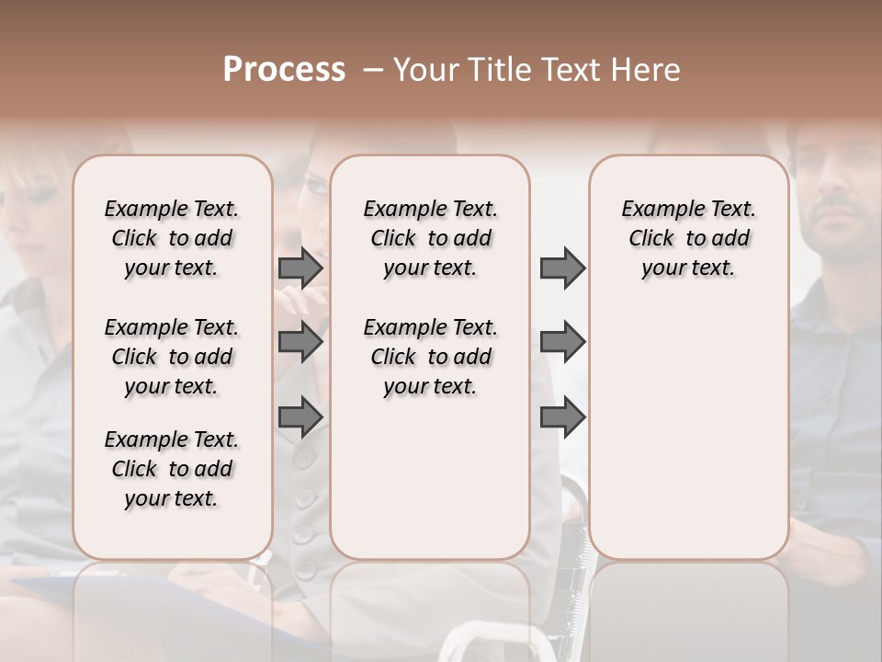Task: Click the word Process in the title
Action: pyautogui.click(x=284, y=70)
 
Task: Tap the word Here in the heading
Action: pyautogui.click(x=646, y=70)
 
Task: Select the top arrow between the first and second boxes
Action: pyautogui.click(x=300, y=268)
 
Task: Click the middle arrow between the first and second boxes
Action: pyautogui.click(x=300, y=342)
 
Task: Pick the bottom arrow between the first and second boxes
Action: pyautogui.click(x=300, y=417)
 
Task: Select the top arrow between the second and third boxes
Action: pyautogui.click(x=562, y=268)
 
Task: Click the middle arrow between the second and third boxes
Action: pyautogui.click(x=562, y=342)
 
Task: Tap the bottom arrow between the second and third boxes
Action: pyautogui.click(x=562, y=417)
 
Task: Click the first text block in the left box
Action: pyautogui.click(x=172, y=238)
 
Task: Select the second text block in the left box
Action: pyautogui.click(x=172, y=357)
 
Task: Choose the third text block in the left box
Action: pyautogui.click(x=172, y=469)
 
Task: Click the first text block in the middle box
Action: pyautogui.click(x=430, y=238)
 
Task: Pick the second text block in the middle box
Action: pyautogui.click(x=430, y=357)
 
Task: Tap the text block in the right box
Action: pyautogui.click(x=689, y=238)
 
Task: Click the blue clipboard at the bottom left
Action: pyautogui.click(x=55, y=585)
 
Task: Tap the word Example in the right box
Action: pyautogui.click(x=655, y=210)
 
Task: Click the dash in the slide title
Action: pyautogui.click(x=373, y=70)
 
